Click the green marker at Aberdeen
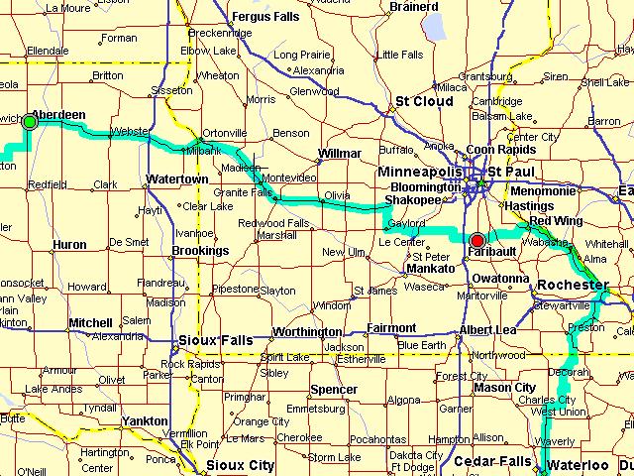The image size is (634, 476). (x=30, y=121)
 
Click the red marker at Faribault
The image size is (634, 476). (x=477, y=240)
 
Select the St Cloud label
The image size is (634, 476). (x=424, y=101)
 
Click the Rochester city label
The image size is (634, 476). (x=572, y=286)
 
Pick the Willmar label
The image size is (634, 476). (x=339, y=154)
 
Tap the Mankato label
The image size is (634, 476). (x=431, y=268)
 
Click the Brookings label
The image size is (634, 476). (x=201, y=252)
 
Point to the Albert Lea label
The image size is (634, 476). (x=488, y=329)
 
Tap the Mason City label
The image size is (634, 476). (x=505, y=388)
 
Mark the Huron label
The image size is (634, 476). (x=69, y=244)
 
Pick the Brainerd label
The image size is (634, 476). (x=415, y=6)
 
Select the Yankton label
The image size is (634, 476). (x=144, y=421)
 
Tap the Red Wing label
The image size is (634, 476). (x=556, y=220)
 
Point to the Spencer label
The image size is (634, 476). (x=333, y=390)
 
